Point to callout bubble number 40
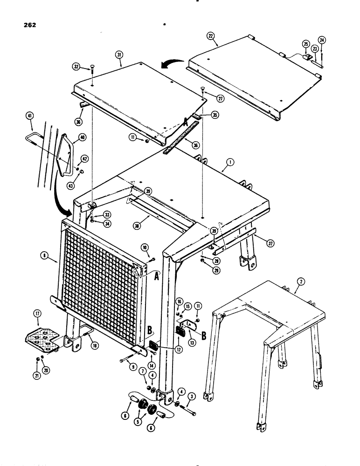(x=82, y=137)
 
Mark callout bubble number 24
(x=323, y=39)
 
